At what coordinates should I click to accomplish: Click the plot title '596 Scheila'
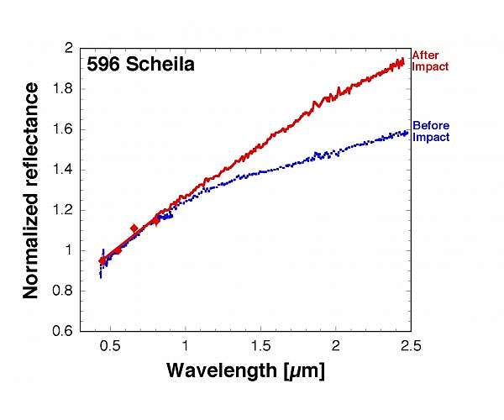click(140, 64)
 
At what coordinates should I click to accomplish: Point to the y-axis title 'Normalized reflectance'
click(31, 191)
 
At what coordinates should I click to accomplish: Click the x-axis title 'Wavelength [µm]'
click(244, 370)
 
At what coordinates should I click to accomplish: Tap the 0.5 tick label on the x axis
click(109, 345)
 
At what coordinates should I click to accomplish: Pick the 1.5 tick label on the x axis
click(260, 345)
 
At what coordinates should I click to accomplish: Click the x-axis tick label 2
click(335, 345)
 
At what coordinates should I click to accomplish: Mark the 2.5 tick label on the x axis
click(410, 345)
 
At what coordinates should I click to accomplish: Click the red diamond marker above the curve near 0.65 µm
click(134, 228)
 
